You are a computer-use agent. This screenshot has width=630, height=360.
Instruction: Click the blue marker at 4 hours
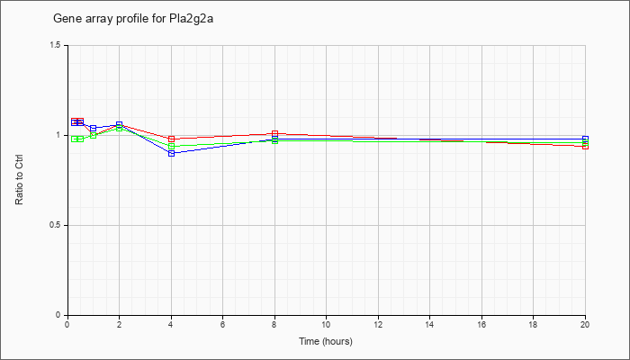coord(172,154)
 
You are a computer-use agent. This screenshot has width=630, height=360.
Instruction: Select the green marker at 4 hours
coord(172,146)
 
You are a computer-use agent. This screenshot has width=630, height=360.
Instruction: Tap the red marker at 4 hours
coord(172,139)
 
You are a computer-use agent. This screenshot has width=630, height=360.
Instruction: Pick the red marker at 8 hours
coord(274,134)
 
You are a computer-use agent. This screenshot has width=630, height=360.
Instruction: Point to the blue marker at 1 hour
coord(94,129)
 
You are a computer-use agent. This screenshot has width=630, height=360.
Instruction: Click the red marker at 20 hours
coord(585,146)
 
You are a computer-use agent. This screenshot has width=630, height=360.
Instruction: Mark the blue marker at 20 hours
coord(585,139)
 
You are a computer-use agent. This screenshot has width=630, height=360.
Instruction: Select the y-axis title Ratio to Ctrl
coord(19,180)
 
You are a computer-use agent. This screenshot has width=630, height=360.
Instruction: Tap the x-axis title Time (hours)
coord(326,341)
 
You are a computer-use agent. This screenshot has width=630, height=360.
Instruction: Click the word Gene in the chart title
coord(65,19)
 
